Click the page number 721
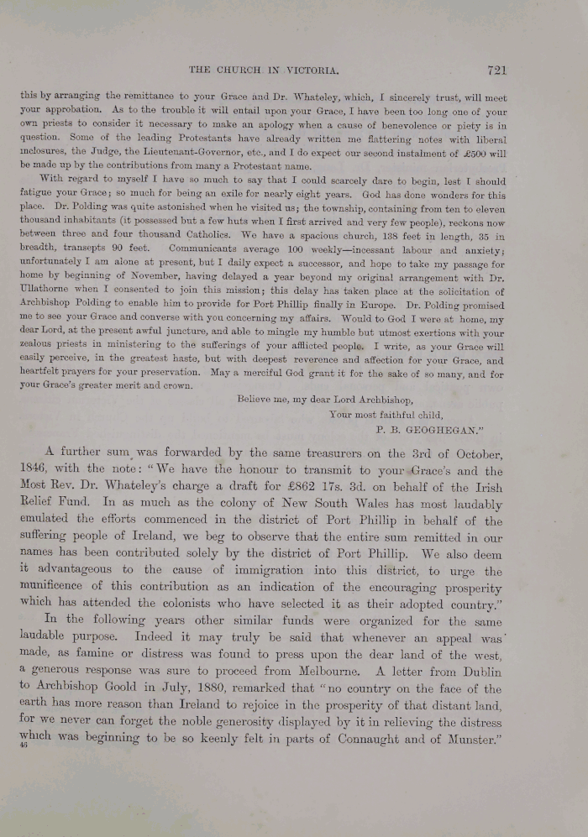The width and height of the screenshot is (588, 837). [x=496, y=71]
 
